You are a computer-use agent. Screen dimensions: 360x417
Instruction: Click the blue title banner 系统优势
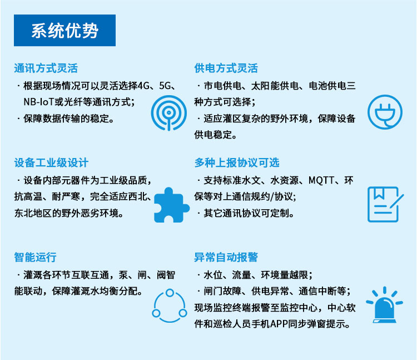(64, 31)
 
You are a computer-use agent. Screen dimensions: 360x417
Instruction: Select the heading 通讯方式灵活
(46, 68)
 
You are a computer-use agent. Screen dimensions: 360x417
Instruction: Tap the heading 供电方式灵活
(226, 68)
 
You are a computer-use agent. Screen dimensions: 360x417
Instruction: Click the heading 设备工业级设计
(51, 163)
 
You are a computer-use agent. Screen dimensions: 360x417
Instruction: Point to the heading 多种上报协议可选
(237, 163)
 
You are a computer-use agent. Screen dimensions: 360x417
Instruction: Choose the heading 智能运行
(35, 258)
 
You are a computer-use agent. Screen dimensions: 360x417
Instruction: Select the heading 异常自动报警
(226, 258)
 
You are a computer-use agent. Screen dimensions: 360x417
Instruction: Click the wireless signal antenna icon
(167, 113)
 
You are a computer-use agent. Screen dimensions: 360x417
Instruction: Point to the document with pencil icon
(383, 205)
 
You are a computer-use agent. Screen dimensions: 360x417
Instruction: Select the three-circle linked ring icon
(167, 306)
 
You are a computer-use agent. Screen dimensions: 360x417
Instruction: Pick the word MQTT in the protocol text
(321, 180)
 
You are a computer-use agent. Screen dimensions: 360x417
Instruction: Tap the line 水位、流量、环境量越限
(256, 275)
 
